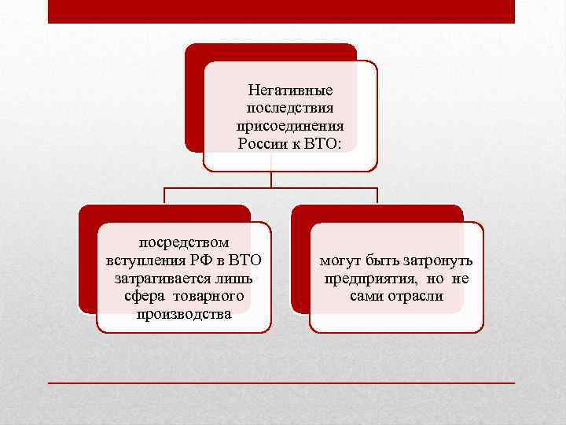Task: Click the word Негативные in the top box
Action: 289,91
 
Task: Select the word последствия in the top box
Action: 289,109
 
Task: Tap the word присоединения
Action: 289,126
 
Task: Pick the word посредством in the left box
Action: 183,244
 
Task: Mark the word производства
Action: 184,313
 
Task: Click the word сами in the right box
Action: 366,296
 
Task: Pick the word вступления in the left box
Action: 143,261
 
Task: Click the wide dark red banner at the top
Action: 281,11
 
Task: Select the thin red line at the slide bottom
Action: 281,382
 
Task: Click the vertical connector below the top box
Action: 271,179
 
